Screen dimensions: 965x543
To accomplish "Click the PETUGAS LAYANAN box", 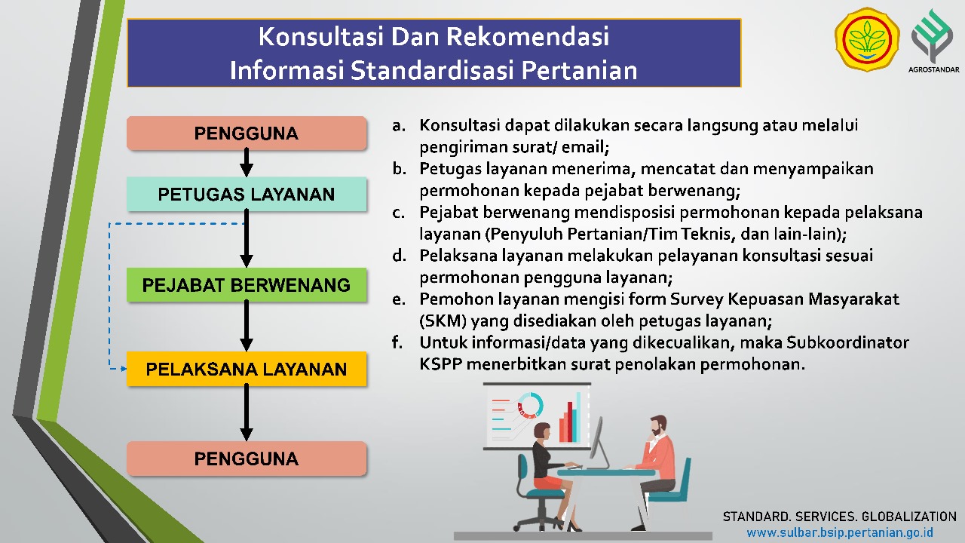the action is pyautogui.click(x=247, y=194).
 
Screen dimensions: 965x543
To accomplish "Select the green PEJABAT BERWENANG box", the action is pyautogui.click(x=247, y=285).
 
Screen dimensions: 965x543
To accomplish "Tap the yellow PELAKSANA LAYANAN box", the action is pyautogui.click(x=247, y=369).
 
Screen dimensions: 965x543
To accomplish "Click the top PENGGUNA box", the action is pyautogui.click(x=247, y=133).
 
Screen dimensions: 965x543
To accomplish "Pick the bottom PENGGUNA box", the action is pyautogui.click(x=247, y=459).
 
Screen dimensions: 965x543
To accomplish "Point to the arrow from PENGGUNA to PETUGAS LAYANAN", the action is pyautogui.click(x=247, y=163).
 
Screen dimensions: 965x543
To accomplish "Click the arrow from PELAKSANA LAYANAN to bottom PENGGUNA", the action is pyautogui.click(x=247, y=413).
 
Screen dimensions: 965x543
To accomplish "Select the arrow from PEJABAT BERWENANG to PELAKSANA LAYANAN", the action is pyautogui.click(x=247, y=326).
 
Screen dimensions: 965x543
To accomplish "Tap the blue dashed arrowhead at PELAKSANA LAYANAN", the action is pyautogui.click(x=124, y=369).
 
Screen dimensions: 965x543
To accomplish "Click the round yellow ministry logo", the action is pyautogui.click(x=867, y=39).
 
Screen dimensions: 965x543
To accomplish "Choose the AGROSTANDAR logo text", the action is pyautogui.click(x=934, y=69).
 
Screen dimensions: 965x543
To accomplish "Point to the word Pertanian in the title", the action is pyautogui.click(x=579, y=70).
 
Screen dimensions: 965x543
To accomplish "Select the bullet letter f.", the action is pyautogui.click(x=397, y=342).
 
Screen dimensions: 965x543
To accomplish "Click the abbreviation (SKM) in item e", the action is pyautogui.click(x=443, y=321).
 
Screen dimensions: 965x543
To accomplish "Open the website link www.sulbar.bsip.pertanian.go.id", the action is pyautogui.click(x=840, y=532).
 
